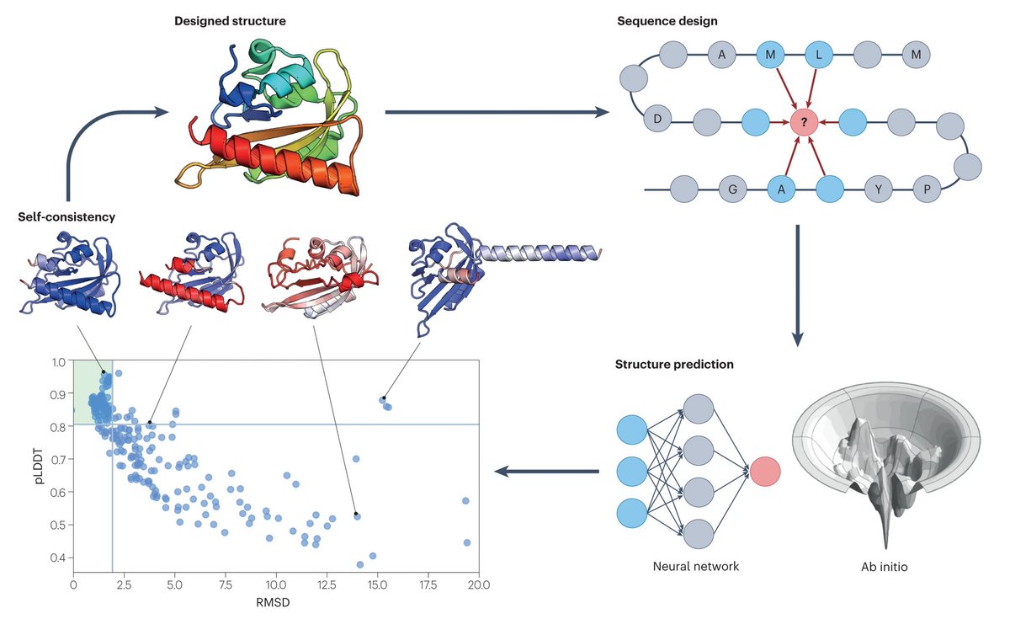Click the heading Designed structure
pyautogui.click(x=230, y=20)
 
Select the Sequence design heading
pyautogui.click(x=662, y=20)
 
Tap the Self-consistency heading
pyautogui.click(x=66, y=216)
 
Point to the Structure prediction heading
pyautogui.click(x=674, y=365)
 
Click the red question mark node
pyautogui.click(x=804, y=123)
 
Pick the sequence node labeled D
pyautogui.click(x=656, y=120)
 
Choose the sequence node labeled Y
pyautogui.click(x=879, y=189)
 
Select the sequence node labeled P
pyautogui.click(x=927, y=189)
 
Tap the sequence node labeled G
pyautogui.click(x=733, y=189)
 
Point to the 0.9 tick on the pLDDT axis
pyautogui.click(x=59, y=394)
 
